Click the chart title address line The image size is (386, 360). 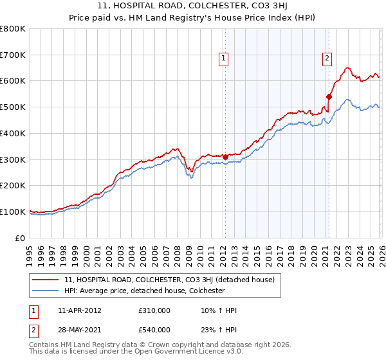point(193,6)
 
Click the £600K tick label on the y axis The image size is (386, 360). point(13,81)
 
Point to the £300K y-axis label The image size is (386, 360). point(13,159)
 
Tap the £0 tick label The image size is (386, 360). point(21,238)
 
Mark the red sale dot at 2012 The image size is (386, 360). point(225,156)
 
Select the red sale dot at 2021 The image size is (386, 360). point(329,96)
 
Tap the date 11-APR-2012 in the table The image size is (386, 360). point(79,311)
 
